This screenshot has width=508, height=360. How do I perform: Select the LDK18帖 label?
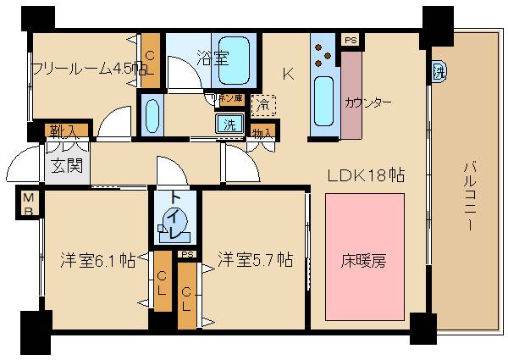[366, 175]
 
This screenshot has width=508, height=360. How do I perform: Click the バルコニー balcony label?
[468, 196]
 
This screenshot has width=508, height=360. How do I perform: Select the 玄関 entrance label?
[64, 164]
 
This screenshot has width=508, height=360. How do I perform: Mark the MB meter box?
[29, 204]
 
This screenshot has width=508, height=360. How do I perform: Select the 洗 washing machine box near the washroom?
[229, 124]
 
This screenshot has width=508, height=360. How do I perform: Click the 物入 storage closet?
[262, 132]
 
